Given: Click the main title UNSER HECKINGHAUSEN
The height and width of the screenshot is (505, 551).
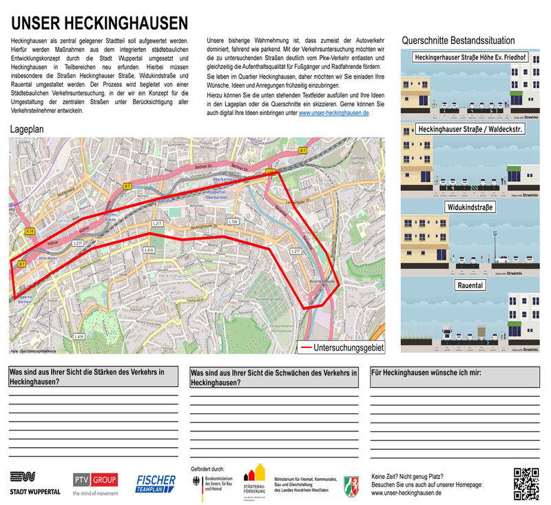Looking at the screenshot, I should pos(100,22).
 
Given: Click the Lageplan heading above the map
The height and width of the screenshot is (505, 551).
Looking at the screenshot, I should pos(28,130).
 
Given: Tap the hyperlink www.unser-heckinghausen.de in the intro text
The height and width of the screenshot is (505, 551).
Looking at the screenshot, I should pos(334,112).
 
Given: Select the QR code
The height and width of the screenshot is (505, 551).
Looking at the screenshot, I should pos(526,483).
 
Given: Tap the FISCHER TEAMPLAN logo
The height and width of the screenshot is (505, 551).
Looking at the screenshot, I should pos(156,482).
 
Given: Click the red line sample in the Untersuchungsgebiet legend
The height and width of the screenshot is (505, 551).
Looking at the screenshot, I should pos(302,347).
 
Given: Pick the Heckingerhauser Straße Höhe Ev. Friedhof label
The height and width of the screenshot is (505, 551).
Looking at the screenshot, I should pos(470,57).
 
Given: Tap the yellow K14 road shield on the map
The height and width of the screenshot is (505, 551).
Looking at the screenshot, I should pos(29,231).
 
